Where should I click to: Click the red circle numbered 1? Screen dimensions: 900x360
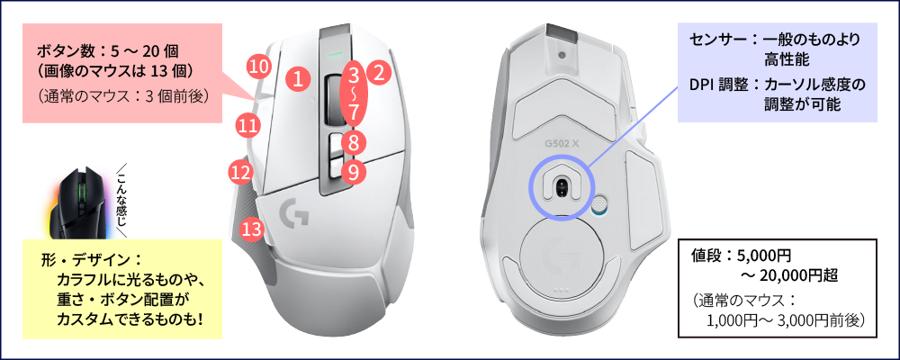pos(297,78)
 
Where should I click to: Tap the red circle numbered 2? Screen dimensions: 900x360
pos(378,73)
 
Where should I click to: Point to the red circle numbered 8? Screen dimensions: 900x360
pos(354,141)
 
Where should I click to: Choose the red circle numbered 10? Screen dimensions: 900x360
pos(259,67)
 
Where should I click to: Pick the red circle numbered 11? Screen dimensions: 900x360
pos(247,124)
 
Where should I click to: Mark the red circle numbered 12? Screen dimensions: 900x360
pos(241,171)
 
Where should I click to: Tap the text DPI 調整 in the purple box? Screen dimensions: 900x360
pos(719,85)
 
